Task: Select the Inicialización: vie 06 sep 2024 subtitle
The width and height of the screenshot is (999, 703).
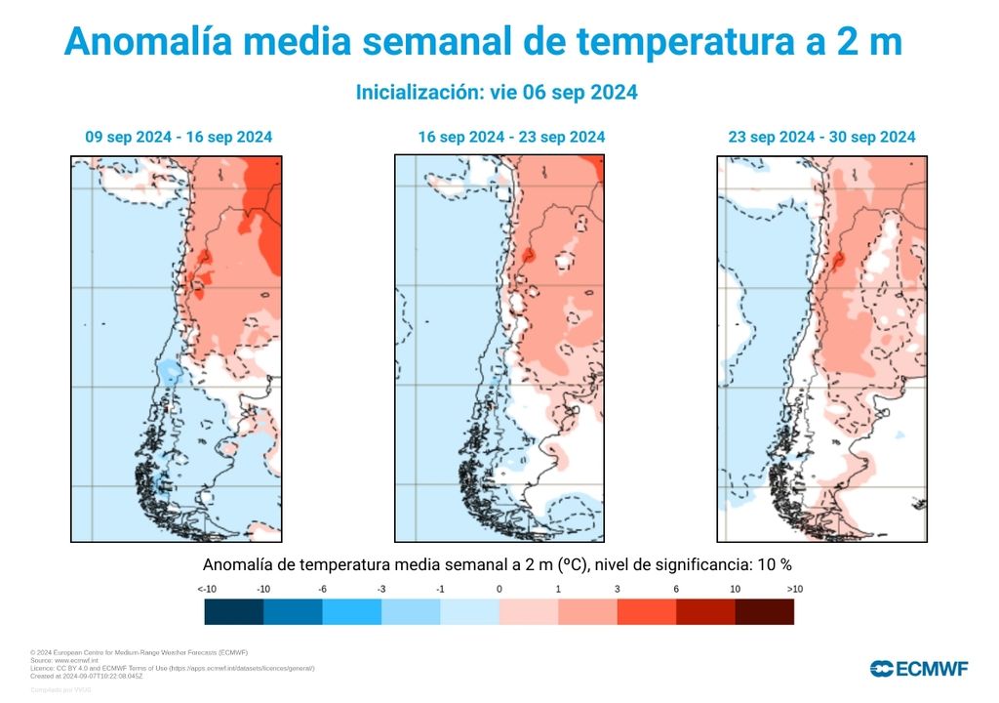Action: [497, 93]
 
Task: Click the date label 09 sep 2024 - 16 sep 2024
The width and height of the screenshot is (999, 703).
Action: [179, 137]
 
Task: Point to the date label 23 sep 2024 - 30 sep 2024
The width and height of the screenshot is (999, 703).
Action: [821, 137]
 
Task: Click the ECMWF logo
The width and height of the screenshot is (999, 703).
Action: [919, 669]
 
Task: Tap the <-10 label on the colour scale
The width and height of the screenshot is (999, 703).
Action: [206, 589]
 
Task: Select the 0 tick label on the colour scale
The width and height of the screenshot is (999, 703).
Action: [499, 589]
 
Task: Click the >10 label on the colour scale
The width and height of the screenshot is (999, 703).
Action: [794, 589]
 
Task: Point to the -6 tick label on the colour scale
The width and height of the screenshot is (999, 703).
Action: [322, 589]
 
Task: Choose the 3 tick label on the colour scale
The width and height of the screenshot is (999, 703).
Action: [617, 589]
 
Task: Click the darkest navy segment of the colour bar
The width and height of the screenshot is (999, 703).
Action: [234, 612]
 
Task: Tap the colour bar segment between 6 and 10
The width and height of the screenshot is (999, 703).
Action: [705, 612]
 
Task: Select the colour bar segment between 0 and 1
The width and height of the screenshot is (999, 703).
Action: [529, 612]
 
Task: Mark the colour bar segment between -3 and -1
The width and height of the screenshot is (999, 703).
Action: [411, 612]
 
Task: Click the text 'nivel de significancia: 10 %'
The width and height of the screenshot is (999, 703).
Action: [693, 564]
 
